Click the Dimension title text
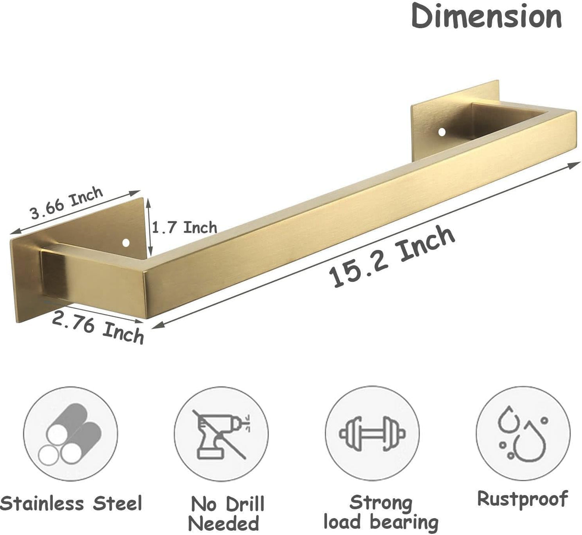pyautogui.click(x=486, y=17)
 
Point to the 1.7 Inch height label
pyautogui.click(x=184, y=228)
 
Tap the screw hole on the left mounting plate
pyautogui.click(x=126, y=243)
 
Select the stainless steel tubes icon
pyautogui.click(x=70, y=434)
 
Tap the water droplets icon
pyautogui.click(x=522, y=433)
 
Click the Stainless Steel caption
pyautogui.click(x=71, y=504)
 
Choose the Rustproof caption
pyautogui.click(x=522, y=499)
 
